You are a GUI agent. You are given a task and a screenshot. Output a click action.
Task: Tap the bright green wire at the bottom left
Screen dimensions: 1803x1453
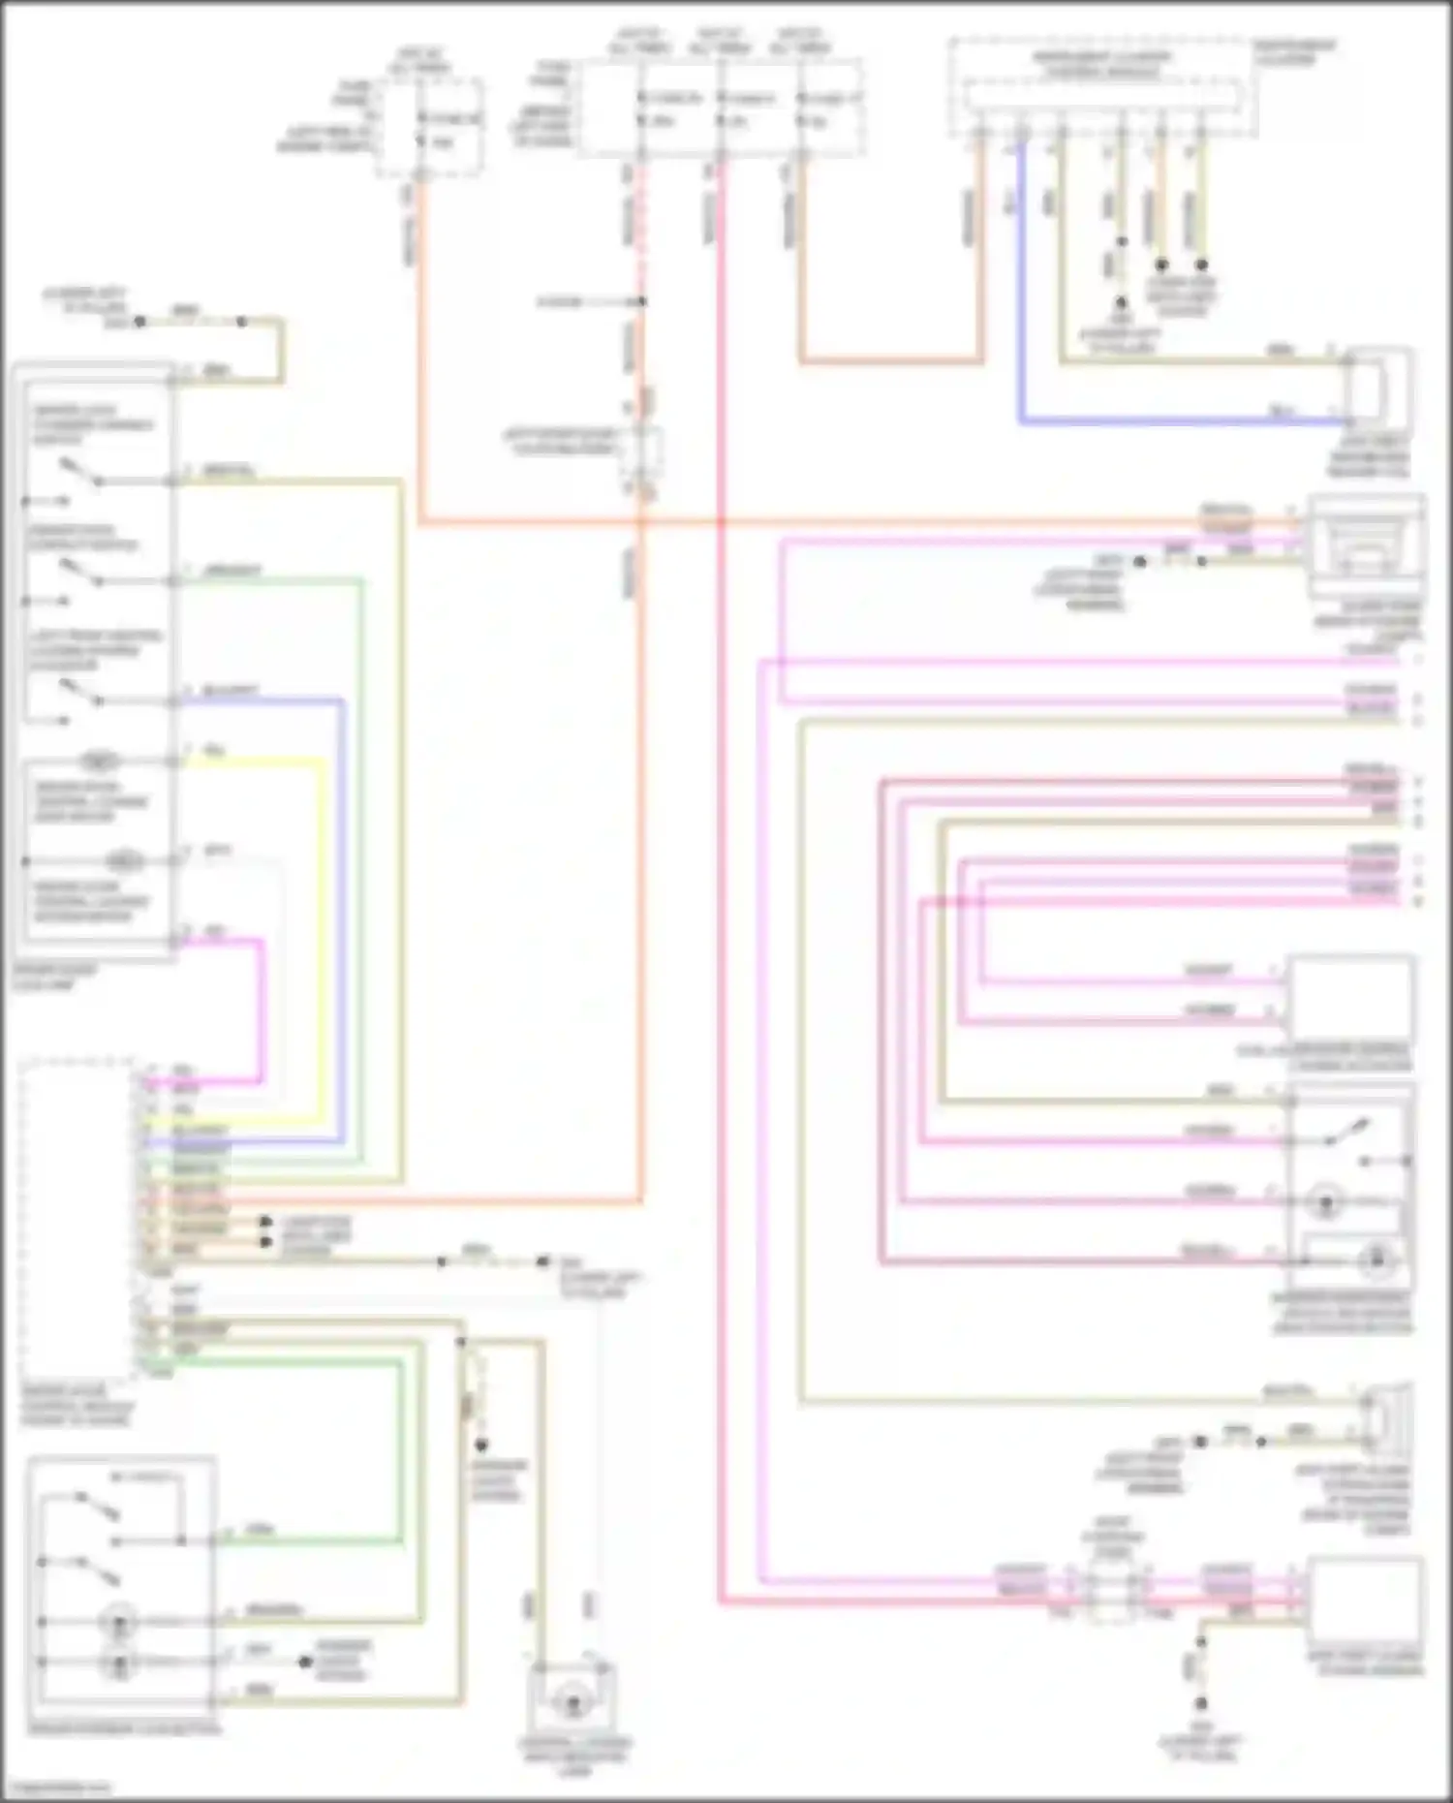[401, 1453]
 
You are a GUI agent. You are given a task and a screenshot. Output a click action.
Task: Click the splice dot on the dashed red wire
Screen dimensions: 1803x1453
[640, 302]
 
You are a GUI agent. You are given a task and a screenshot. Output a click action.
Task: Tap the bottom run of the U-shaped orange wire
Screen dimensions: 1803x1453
[891, 362]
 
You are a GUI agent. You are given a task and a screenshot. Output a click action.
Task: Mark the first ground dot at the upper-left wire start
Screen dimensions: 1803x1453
[139, 321]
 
